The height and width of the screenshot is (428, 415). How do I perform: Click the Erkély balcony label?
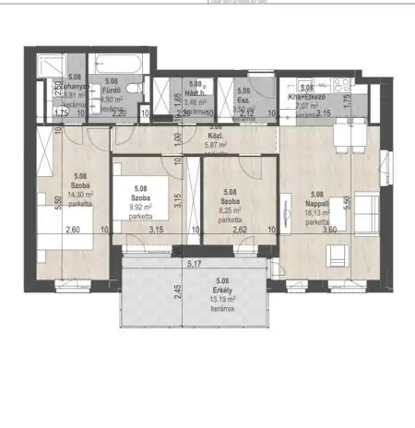coord(222,289)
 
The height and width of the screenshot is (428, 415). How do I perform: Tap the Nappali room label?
coord(318,204)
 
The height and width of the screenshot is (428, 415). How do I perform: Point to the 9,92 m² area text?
coord(141,208)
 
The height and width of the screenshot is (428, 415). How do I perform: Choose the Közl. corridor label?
coord(216,136)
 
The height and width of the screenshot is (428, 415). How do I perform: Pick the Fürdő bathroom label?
coord(113,90)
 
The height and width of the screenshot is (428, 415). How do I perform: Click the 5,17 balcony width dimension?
coord(196,266)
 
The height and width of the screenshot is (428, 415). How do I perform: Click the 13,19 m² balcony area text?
coord(222,299)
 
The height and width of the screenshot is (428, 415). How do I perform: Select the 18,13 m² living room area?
coord(318,213)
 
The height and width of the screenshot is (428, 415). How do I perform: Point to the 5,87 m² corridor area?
coord(216,145)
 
